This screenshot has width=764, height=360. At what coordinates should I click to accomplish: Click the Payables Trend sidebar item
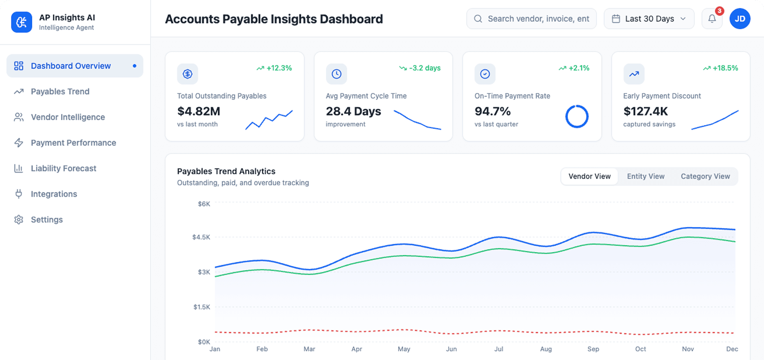(x=60, y=92)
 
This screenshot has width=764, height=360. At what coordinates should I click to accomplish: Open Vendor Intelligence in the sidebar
(x=68, y=117)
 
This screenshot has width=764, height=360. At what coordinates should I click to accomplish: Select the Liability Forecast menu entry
(x=63, y=168)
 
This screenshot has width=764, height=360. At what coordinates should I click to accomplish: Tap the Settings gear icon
(x=18, y=219)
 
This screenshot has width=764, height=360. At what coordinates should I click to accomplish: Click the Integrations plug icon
(x=18, y=194)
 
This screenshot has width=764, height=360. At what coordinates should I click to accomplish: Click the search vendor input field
(x=538, y=19)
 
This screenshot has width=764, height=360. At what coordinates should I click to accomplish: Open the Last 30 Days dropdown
(x=649, y=19)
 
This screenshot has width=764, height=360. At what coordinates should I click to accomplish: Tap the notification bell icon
(x=712, y=18)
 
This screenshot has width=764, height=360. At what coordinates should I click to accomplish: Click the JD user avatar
(x=740, y=19)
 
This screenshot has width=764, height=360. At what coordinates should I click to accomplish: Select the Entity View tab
(x=645, y=176)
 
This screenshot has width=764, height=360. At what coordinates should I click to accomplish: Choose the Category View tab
(x=705, y=176)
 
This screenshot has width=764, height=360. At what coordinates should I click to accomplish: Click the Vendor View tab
(x=589, y=176)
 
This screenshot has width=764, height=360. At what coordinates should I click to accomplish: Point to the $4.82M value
(x=199, y=111)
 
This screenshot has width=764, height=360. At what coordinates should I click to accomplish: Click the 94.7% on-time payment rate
(x=492, y=111)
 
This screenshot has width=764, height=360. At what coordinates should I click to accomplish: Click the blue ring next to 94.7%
(x=577, y=117)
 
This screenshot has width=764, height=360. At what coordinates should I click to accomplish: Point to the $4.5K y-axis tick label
(x=201, y=237)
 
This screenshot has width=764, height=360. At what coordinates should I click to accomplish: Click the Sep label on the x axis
(x=593, y=349)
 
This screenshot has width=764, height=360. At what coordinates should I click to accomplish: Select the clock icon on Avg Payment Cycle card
(x=336, y=74)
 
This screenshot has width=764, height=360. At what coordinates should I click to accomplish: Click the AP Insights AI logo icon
(x=21, y=22)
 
